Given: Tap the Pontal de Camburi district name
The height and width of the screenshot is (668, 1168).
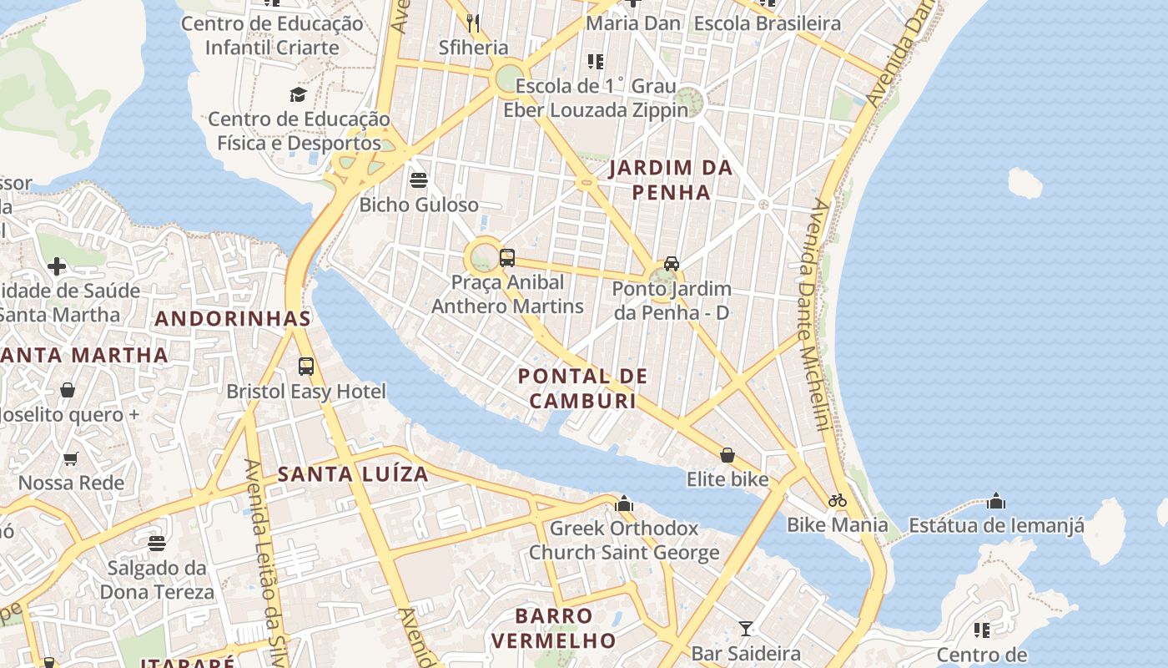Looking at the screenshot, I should [x=582, y=388].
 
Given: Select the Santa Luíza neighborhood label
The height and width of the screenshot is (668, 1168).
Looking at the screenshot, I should [x=353, y=474].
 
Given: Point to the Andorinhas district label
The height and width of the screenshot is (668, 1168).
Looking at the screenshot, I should [x=233, y=318].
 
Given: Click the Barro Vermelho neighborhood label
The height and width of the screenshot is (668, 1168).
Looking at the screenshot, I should [x=553, y=628].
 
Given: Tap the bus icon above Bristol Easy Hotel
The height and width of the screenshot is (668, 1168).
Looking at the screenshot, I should [x=306, y=366].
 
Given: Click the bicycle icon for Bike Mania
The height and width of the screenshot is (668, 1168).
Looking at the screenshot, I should [x=838, y=500].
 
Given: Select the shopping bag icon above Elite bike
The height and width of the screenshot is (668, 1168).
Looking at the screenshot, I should [x=727, y=455].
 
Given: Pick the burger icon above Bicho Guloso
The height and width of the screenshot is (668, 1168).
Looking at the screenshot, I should [x=419, y=180].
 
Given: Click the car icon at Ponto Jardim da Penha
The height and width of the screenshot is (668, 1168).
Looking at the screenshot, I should [x=671, y=264].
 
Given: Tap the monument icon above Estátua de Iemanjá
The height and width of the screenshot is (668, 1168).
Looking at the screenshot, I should [x=995, y=501].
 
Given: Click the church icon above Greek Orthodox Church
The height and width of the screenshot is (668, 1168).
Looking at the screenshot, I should [x=624, y=504].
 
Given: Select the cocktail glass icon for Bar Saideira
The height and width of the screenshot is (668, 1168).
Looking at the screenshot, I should [x=746, y=629].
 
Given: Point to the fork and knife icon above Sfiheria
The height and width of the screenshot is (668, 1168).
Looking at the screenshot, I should [x=473, y=23].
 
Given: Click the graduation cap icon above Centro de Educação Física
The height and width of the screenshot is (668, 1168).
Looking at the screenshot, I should [x=299, y=94].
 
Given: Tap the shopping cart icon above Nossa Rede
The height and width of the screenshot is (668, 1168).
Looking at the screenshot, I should [x=71, y=458].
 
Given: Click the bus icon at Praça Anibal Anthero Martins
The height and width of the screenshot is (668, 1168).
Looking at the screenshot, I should [x=506, y=258].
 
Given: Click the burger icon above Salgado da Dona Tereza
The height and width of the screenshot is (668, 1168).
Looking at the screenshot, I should [x=157, y=544].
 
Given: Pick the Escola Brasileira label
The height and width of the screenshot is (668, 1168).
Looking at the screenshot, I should [x=767, y=23].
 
